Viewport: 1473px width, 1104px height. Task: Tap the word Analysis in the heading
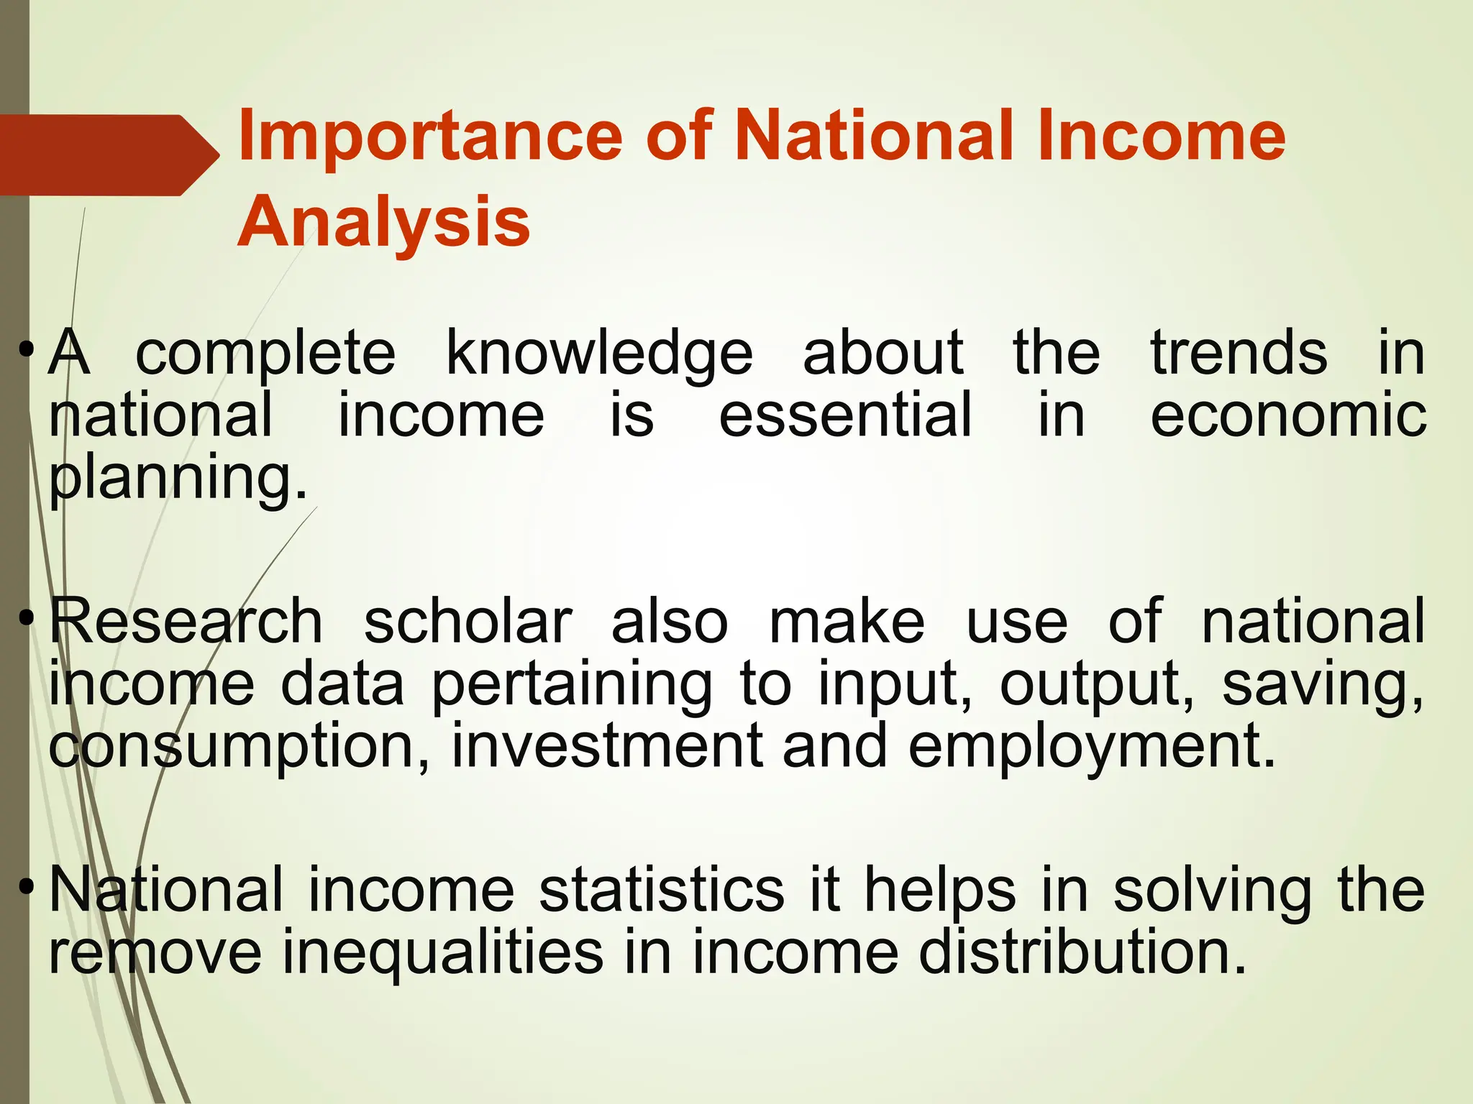(384, 222)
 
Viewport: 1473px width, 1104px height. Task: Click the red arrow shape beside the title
(108, 155)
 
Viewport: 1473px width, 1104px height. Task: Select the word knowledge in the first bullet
(599, 354)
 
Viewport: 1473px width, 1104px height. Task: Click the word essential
(845, 415)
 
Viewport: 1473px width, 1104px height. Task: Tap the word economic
(1288, 415)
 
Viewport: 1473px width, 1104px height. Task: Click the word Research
(186, 622)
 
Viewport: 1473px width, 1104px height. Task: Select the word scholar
(468, 622)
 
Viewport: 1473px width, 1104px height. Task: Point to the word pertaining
(572, 685)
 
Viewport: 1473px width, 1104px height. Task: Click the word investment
(606, 746)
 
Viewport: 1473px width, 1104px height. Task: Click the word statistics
(662, 891)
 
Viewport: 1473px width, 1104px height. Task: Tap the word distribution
(1082, 952)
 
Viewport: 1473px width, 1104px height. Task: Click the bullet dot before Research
(27, 618)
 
